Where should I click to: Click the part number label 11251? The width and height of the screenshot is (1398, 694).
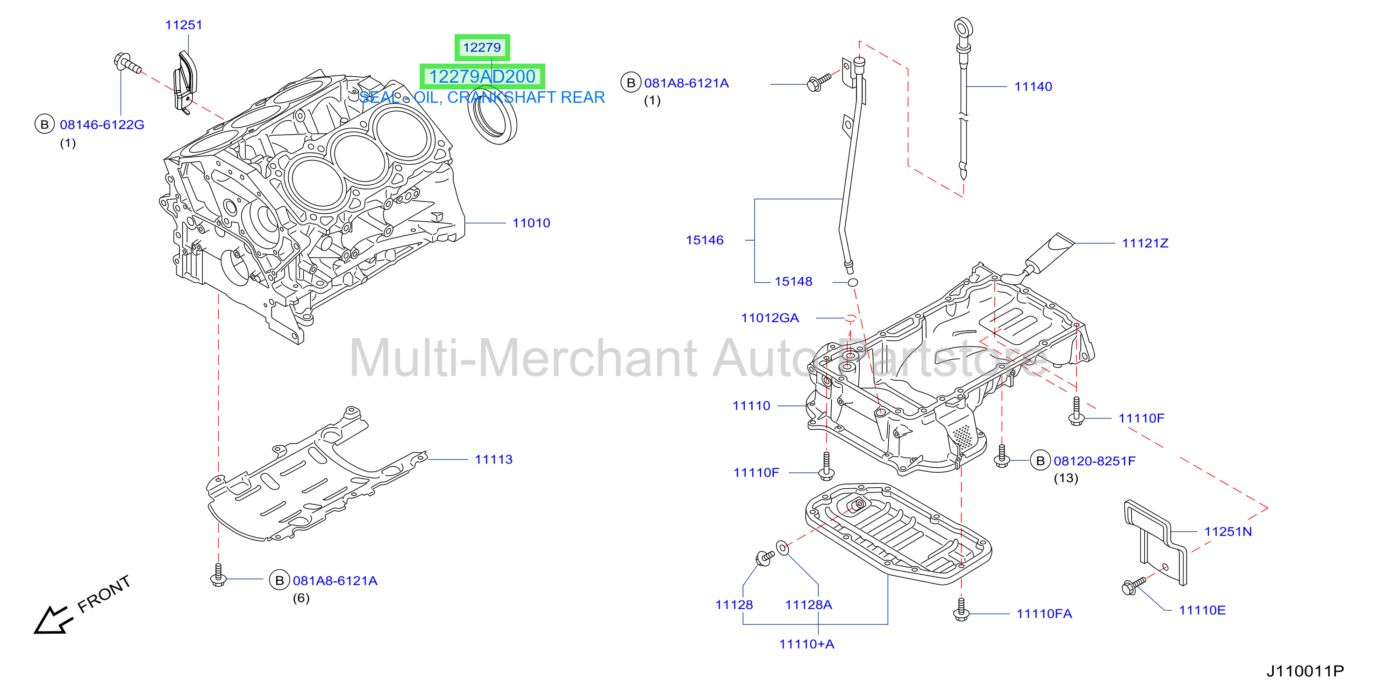click(x=184, y=25)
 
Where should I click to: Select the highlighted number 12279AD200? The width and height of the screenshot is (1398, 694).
click(x=482, y=77)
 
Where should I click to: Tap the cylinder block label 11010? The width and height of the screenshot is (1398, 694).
click(x=531, y=223)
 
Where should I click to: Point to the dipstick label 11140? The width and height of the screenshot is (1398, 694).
click(x=1033, y=87)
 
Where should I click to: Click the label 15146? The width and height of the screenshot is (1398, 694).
click(x=705, y=240)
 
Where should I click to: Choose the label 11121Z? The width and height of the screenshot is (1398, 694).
click(x=1145, y=243)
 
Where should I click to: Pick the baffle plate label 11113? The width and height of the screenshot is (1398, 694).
click(x=493, y=459)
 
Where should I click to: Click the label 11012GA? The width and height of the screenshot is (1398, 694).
click(x=770, y=318)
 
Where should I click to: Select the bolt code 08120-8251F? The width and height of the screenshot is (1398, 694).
click(x=1094, y=461)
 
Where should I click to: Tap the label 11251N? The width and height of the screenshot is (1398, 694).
click(x=1227, y=532)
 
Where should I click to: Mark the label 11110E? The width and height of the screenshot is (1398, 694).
click(x=1202, y=610)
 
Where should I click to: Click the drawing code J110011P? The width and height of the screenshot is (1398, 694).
click(x=1305, y=671)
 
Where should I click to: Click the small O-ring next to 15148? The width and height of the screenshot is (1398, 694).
click(x=853, y=282)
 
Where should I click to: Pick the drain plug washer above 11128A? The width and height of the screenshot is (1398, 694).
click(x=783, y=548)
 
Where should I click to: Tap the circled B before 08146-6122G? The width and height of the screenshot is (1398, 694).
click(x=44, y=125)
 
